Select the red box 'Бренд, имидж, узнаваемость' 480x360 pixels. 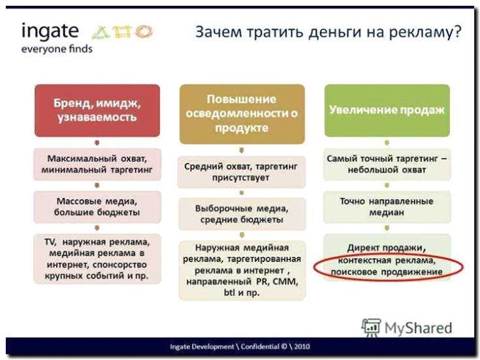pos(97,110)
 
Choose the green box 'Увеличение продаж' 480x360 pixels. pos(387,110)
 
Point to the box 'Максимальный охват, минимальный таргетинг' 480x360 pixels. pos(97,164)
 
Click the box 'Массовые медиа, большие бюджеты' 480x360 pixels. pos(97,207)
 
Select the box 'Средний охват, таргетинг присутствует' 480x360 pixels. pos(242,172)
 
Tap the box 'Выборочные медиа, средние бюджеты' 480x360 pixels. pos(242,214)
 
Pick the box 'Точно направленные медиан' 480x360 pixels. pos(387,207)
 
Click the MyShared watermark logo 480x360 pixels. pos(408,327)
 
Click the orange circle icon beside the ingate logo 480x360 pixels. pos(144,31)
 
